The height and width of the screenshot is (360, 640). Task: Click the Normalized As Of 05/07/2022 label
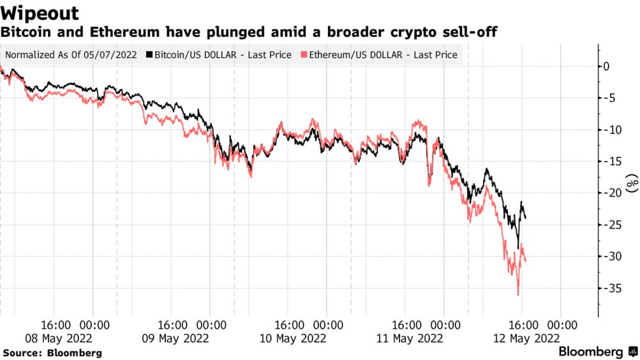click(71, 55)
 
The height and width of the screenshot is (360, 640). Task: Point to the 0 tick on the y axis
click(606, 66)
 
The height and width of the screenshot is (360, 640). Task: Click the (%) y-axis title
click(632, 183)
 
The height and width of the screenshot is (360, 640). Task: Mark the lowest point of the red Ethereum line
click(517, 294)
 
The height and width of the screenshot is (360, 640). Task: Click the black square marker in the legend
click(149, 55)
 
